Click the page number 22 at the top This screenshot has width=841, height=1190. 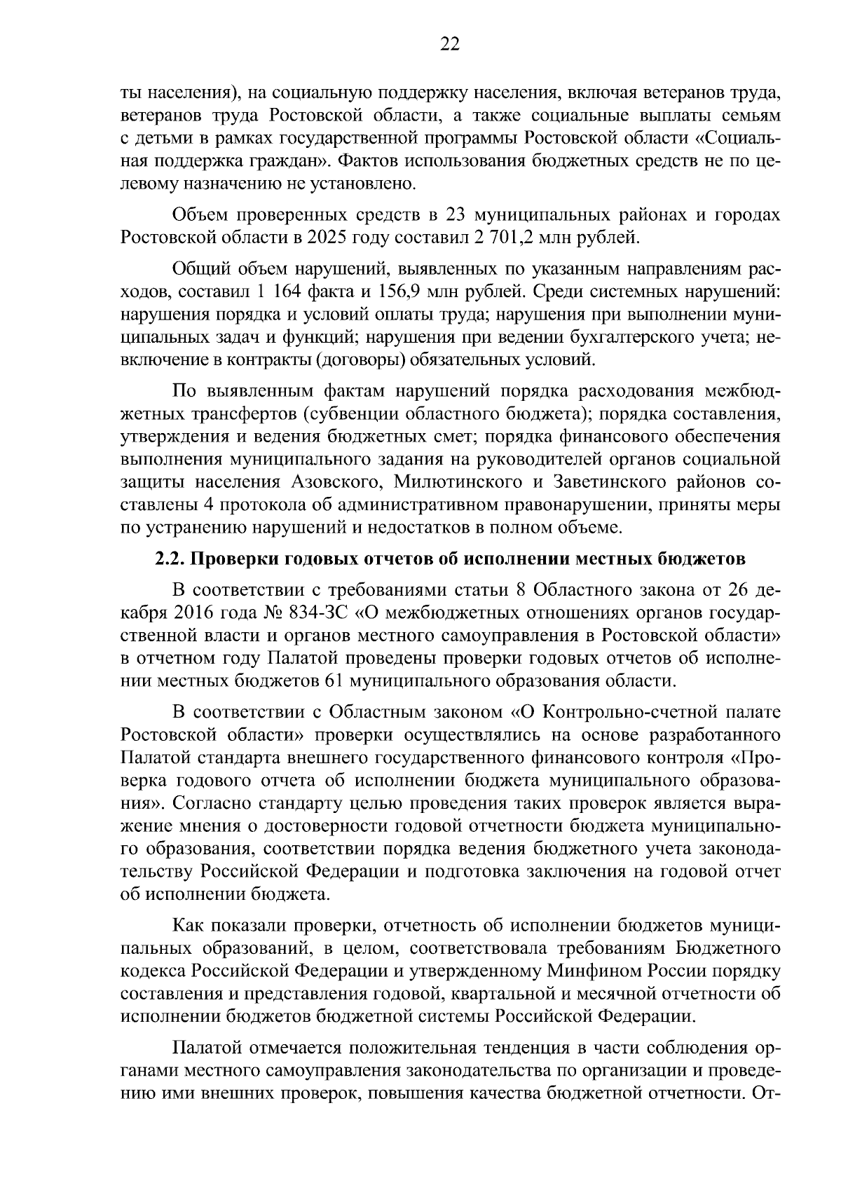click(449, 45)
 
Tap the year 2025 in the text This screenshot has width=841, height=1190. click(325, 237)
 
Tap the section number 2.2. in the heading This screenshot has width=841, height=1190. click(169, 559)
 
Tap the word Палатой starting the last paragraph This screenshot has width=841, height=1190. click(206, 1048)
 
